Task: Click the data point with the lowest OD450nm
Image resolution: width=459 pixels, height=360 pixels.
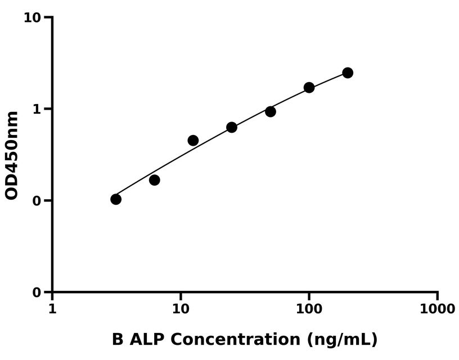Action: point(116,199)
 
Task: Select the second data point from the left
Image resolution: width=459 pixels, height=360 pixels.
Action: point(155,180)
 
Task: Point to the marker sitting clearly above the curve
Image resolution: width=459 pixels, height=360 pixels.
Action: point(193,140)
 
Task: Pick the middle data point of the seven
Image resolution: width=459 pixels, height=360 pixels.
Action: point(232,127)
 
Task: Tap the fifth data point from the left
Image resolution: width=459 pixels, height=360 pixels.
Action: point(271,111)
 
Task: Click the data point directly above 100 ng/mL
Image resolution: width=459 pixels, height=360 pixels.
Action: point(309,87)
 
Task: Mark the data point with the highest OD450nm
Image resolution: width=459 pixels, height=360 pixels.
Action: point(348,73)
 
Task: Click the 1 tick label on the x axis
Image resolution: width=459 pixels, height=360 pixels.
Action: point(52,309)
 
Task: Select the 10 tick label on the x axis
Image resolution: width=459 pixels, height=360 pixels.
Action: point(181,309)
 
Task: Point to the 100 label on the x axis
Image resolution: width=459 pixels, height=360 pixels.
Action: point(309,309)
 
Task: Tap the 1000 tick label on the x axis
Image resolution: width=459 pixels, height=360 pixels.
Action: point(437,309)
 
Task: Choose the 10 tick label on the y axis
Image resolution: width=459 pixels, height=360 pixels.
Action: point(33,18)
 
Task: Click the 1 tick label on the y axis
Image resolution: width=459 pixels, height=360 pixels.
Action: point(38,109)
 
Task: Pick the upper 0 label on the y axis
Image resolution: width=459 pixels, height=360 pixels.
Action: point(38,201)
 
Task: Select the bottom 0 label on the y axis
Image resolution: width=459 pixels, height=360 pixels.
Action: point(38,292)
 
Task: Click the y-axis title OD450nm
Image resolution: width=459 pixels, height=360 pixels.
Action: point(12,155)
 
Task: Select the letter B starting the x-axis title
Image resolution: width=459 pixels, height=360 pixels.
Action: point(118,339)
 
